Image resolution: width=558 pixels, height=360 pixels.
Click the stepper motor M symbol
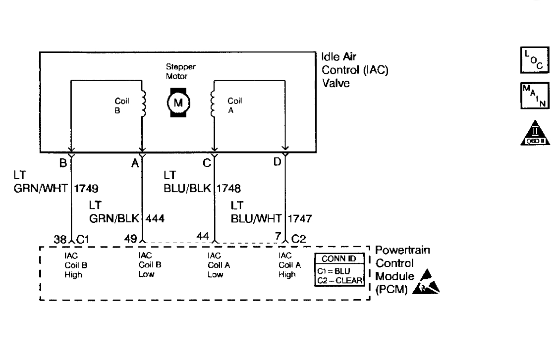click(177, 103)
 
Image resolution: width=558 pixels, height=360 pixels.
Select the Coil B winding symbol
click(143, 103)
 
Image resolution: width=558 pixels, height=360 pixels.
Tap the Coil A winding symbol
click(213, 103)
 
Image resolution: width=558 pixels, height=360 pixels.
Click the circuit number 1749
click(86, 188)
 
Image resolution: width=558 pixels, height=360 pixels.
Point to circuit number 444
click(155, 218)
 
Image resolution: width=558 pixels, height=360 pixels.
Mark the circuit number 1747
click(300, 218)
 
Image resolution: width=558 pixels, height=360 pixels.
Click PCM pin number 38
click(60, 240)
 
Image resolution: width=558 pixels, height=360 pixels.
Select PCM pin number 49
click(131, 240)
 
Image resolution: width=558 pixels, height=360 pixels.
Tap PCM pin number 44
click(202, 237)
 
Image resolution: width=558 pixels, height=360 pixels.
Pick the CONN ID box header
click(339, 258)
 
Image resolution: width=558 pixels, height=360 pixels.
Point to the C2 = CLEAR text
click(339, 280)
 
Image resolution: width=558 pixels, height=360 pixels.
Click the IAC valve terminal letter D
click(277, 162)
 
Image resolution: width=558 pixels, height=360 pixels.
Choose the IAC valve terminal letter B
click(63, 162)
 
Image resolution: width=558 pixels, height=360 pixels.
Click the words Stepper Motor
click(177, 72)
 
